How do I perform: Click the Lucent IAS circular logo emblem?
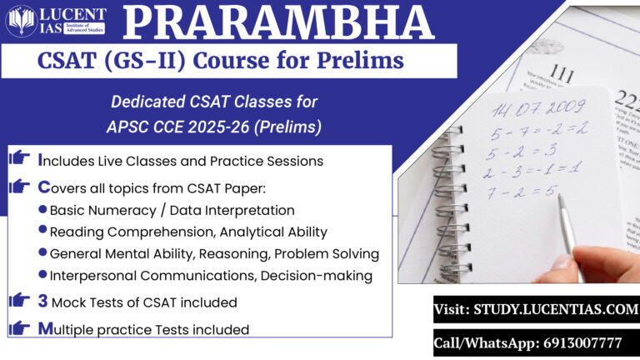pos(20,21)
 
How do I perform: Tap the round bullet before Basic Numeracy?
pos(43,210)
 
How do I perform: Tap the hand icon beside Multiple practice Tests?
pos(18,328)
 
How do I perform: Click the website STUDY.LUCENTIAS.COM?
pos(535,309)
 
